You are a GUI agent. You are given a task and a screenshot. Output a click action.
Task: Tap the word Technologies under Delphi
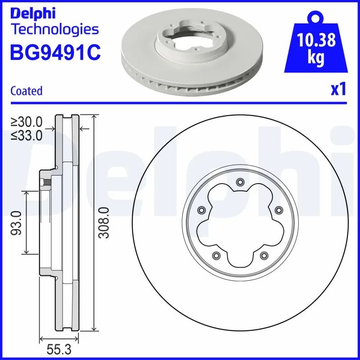(x=54, y=30)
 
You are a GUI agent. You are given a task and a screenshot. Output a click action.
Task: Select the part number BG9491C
(x=55, y=53)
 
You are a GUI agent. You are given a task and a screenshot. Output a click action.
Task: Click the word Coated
(x=26, y=91)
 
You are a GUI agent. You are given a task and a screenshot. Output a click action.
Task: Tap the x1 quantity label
(x=338, y=90)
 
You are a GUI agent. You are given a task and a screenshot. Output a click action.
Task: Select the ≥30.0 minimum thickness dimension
(x=27, y=121)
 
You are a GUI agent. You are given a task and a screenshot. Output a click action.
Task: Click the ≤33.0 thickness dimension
(x=27, y=135)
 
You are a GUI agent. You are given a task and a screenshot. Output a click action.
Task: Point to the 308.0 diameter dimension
(x=104, y=223)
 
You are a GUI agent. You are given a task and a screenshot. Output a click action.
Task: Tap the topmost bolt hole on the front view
(x=239, y=182)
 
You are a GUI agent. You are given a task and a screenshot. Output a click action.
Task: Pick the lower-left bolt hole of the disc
(x=216, y=255)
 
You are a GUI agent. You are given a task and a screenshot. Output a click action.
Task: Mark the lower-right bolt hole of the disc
(x=263, y=255)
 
